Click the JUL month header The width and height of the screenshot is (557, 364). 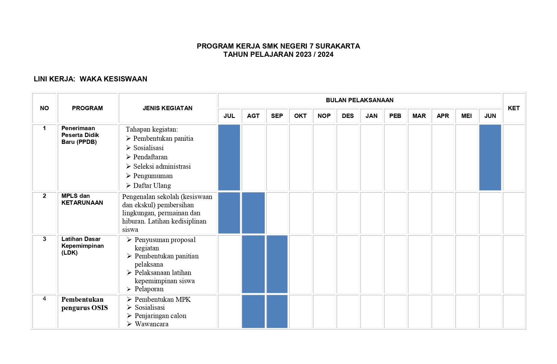click(x=229, y=116)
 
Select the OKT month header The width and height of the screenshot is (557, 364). click(x=300, y=116)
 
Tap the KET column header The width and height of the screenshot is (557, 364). click(x=514, y=108)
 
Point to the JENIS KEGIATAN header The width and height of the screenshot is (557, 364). click(x=167, y=108)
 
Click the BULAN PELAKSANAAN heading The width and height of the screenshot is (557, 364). click(x=360, y=100)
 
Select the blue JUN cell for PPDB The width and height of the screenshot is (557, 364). click(x=490, y=157)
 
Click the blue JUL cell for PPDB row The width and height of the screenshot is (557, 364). click(x=229, y=157)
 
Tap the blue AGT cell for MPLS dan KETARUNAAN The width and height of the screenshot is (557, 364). click(x=253, y=213)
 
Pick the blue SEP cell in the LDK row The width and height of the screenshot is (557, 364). click(x=277, y=264)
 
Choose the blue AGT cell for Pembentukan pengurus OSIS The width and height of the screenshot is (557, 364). click(x=253, y=311)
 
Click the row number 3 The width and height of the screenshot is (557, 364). click(x=44, y=239)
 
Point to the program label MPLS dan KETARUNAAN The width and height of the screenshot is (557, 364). click(x=82, y=199)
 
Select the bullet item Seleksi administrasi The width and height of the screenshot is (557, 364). click(x=162, y=166)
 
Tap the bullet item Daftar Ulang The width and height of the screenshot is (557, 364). click(x=152, y=186)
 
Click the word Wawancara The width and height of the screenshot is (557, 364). click(x=151, y=324)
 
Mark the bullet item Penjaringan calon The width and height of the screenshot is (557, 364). click(x=160, y=316)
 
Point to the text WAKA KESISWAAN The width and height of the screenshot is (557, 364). click(x=113, y=79)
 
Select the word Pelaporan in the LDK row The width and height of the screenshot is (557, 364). click(x=149, y=289)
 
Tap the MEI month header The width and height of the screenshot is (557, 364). click(x=466, y=116)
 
